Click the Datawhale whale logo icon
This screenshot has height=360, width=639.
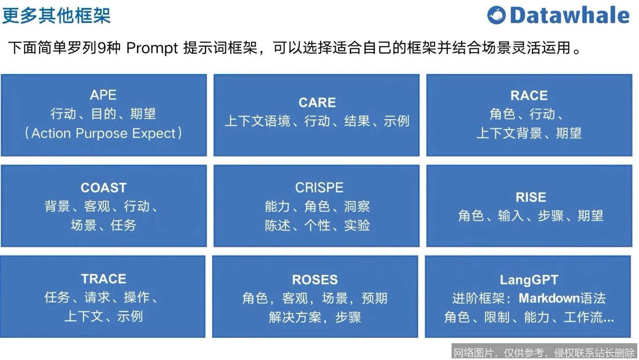coord(496,16)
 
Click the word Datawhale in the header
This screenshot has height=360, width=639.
coord(569,16)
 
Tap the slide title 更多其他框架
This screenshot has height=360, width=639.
coord(57,16)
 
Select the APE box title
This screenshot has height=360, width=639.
coord(103,95)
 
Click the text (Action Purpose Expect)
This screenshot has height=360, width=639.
coord(103,133)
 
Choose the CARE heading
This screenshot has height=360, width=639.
coord(317,102)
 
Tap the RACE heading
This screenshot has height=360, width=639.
coord(529,96)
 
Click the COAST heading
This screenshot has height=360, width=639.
coord(104,188)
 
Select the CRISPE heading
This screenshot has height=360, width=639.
coord(319,188)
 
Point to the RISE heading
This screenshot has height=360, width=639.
coord(531,197)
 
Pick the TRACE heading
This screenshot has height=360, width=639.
coord(104,279)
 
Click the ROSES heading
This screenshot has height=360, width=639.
coord(315,279)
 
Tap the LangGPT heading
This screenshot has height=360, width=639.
coord(529,279)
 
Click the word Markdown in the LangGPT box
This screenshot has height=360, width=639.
coord(549,298)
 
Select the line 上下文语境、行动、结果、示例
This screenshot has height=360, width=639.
coord(317,121)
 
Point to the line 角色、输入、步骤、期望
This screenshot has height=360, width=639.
coord(531,216)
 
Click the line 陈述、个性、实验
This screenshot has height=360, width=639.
coord(317,225)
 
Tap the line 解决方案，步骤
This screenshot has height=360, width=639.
coord(315,317)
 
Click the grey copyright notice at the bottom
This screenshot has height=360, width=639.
coord(544,352)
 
